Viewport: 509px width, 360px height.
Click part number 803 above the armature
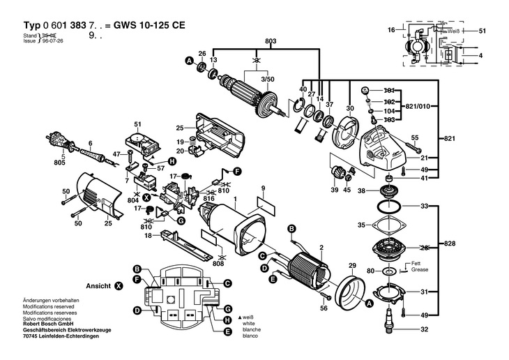pos(250,43)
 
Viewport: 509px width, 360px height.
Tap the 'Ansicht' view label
pos(99,287)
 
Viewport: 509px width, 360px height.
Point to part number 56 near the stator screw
pos(324,308)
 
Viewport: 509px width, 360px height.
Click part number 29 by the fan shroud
pos(352,267)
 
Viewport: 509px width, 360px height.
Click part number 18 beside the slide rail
pos(147,237)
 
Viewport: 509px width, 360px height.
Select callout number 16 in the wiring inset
pos(391,29)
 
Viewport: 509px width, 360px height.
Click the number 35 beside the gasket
pos(361,225)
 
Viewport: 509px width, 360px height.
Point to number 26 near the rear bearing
pos(202,54)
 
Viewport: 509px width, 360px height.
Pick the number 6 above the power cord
pos(90,144)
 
